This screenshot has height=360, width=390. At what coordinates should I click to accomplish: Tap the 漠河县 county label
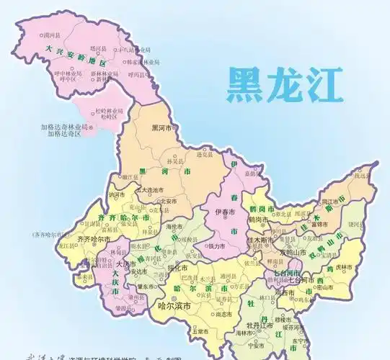tap(50, 34)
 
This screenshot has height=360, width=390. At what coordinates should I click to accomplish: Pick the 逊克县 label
tap(205, 155)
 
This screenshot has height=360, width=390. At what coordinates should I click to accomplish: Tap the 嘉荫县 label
tap(252, 173)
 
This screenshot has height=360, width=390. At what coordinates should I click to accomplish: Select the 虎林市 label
tap(344, 267)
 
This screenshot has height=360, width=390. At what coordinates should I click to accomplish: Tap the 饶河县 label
tap(355, 224)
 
